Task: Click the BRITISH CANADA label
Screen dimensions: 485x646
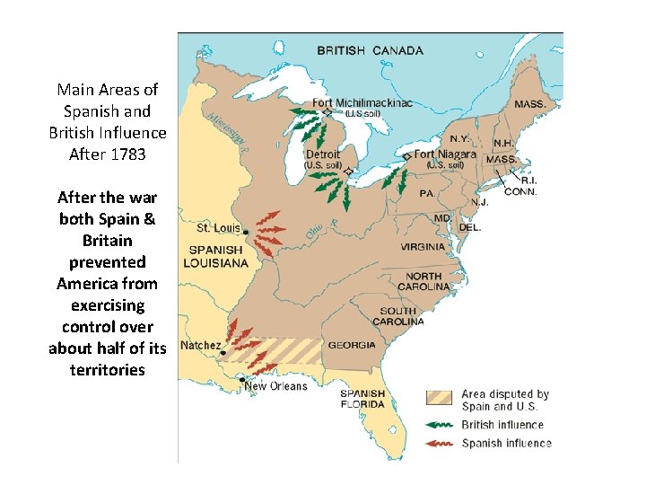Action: pyautogui.click(x=370, y=50)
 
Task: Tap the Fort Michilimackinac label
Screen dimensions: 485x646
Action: pyautogui.click(x=362, y=103)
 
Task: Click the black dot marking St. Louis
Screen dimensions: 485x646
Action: pyautogui.click(x=245, y=231)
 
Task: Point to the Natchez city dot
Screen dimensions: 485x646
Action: pyautogui.click(x=223, y=353)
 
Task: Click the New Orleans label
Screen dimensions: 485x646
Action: pyautogui.click(x=276, y=386)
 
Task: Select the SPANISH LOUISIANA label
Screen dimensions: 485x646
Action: pyautogui.click(x=215, y=256)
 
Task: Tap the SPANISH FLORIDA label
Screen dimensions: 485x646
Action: pyautogui.click(x=362, y=399)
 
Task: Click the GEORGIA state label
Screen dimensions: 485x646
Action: pyautogui.click(x=351, y=345)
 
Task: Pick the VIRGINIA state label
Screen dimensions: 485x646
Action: pyautogui.click(x=422, y=246)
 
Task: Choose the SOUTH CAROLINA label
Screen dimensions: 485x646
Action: pyautogui.click(x=399, y=315)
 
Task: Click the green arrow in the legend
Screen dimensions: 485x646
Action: pyautogui.click(x=440, y=425)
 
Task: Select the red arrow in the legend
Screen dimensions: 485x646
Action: pyautogui.click(x=440, y=443)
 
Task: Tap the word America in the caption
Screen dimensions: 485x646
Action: pyautogui.click(x=95, y=284)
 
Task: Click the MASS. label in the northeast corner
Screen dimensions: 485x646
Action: pyautogui.click(x=529, y=104)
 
